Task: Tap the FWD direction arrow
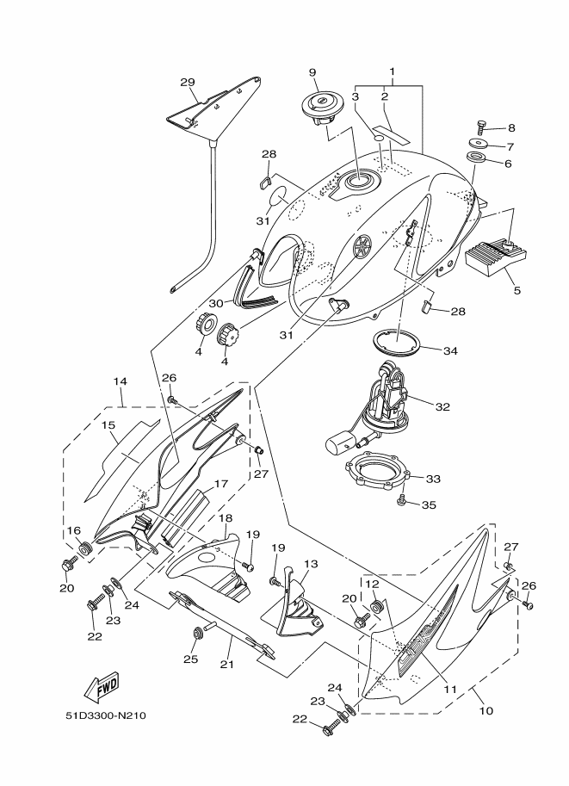102,686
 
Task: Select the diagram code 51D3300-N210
106,715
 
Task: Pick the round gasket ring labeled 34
396,342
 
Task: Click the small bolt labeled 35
402,501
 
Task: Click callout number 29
188,82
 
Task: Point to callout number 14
120,381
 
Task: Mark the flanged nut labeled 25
197,634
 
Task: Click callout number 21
227,665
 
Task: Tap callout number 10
486,710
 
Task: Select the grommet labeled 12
377,606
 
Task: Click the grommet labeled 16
86,548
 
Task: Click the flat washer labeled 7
480,144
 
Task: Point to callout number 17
221,484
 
